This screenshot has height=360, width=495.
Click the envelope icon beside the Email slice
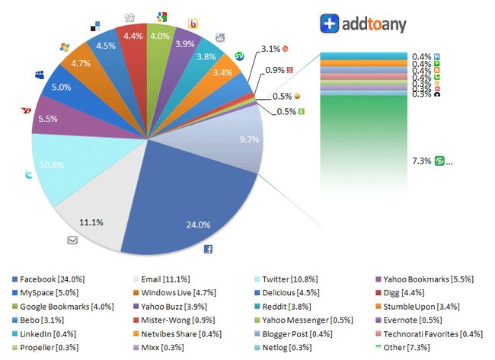coord(72,241)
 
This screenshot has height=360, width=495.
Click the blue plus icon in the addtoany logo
coord(329,24)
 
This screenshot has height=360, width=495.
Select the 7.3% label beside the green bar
coord(421,161)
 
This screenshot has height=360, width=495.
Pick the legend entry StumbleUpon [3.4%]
coord(428,307)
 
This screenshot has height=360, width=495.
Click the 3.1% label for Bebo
coord(270,49)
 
